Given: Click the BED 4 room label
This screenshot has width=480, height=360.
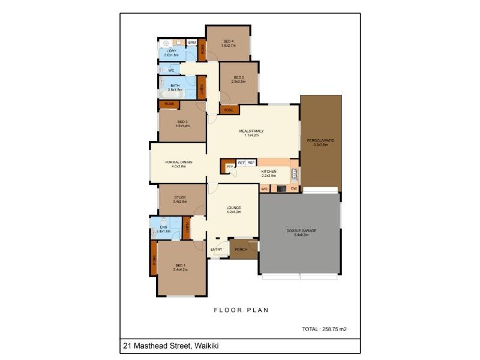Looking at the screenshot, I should (x=227, y=41).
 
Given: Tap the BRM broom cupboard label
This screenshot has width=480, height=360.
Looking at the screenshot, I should (x=192, y=43).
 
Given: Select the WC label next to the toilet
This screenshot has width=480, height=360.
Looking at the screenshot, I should (x=171, y=70).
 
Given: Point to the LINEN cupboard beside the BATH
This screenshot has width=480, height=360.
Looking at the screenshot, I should (x=202, y=88).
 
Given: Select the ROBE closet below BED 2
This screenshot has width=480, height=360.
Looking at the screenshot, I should (x=228, y=110).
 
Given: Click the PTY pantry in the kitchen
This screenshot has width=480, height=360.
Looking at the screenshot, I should (x=229, y=167).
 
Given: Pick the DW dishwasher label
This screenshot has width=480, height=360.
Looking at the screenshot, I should (x=294, y=189).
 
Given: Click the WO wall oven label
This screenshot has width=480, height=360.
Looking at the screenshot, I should (x=264, y=189).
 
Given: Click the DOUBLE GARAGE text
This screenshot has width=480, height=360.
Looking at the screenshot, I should (x=301, y=230).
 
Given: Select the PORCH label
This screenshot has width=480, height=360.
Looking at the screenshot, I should (x=241, y=249).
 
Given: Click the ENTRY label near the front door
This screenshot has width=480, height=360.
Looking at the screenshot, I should (x=217, y=249).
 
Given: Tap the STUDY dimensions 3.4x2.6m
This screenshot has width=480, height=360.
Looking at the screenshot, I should (x=180, y=202).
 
